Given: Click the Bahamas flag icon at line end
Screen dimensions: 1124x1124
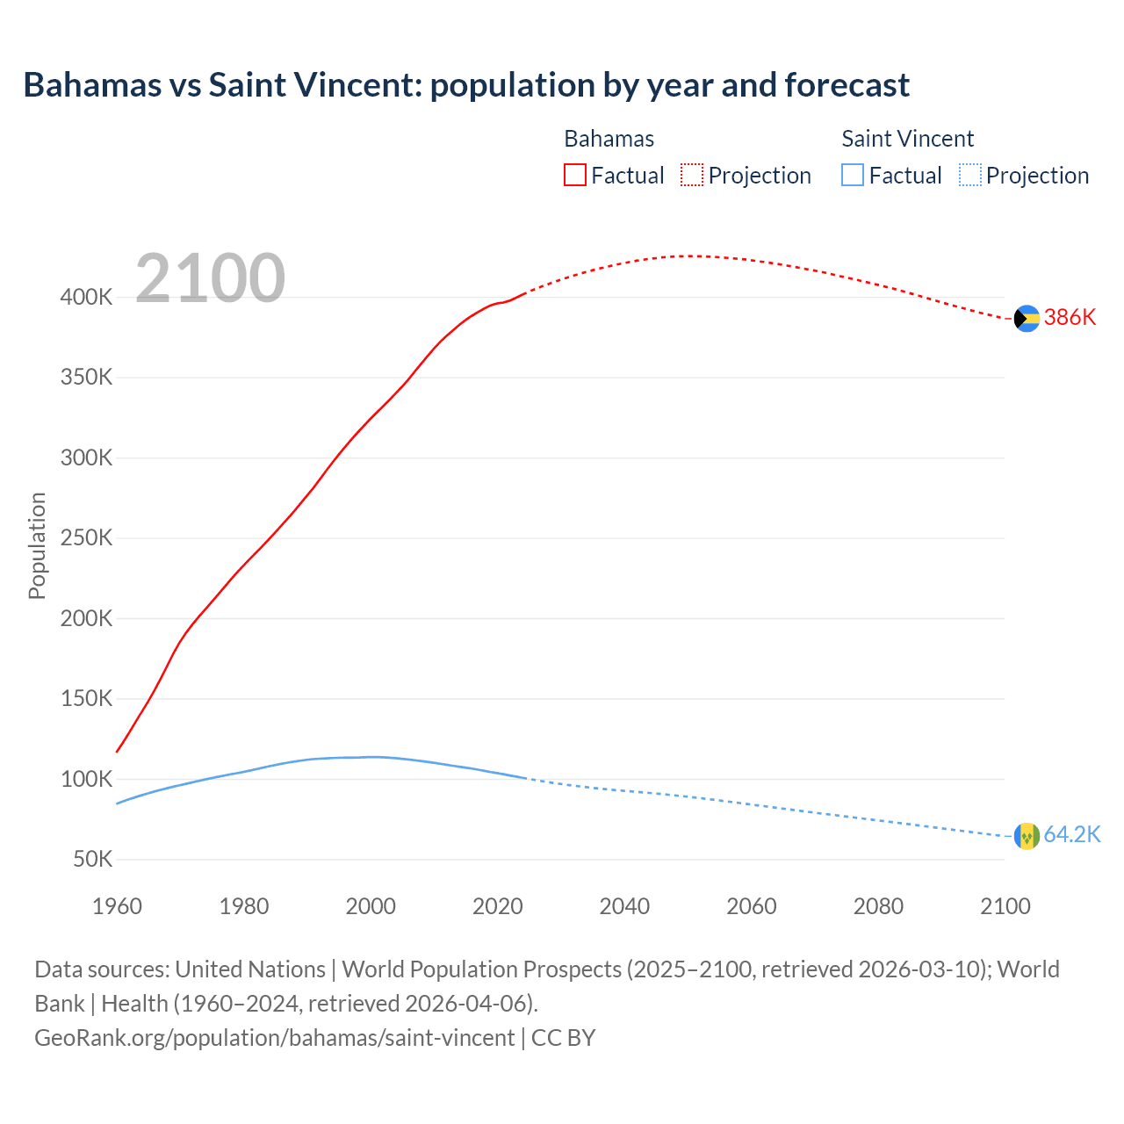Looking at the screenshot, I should tap(1027, 319).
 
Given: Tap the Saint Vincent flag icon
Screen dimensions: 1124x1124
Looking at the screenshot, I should tap(1027, 836).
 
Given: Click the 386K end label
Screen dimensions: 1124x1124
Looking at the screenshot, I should tap(1070, 318).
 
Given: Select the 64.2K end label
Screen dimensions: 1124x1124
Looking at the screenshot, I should tap(1071, 835).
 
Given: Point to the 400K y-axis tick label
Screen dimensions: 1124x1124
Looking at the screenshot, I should tap(86, 298).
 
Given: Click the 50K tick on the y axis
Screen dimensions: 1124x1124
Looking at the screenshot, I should tap(92, 860).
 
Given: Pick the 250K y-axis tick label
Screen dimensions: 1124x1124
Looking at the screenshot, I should tap(86, 538).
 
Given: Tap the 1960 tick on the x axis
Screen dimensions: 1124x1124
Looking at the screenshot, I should tap(117, 906).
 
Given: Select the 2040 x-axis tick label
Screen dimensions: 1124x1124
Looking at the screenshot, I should tap(624, 906).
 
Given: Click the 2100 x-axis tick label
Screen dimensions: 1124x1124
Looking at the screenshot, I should tap(1005, 906).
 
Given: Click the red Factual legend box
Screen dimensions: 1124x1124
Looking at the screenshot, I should tap(575, 176).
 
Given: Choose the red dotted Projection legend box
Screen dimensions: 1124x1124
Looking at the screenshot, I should tap(692, 176).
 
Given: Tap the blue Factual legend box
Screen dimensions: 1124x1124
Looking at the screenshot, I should tap(853, 176).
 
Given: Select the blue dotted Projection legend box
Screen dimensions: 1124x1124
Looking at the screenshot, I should tap(969, 176).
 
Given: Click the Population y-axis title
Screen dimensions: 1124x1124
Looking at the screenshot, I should tap(37, 546).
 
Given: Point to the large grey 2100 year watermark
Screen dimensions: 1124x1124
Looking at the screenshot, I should tap(210, 278).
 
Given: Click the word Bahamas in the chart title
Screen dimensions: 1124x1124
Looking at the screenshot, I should tap(92, 85).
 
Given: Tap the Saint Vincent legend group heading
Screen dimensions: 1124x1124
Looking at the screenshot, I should tap(907, 139).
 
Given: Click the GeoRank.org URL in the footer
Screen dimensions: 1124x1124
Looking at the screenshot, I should tap(274, 1038).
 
